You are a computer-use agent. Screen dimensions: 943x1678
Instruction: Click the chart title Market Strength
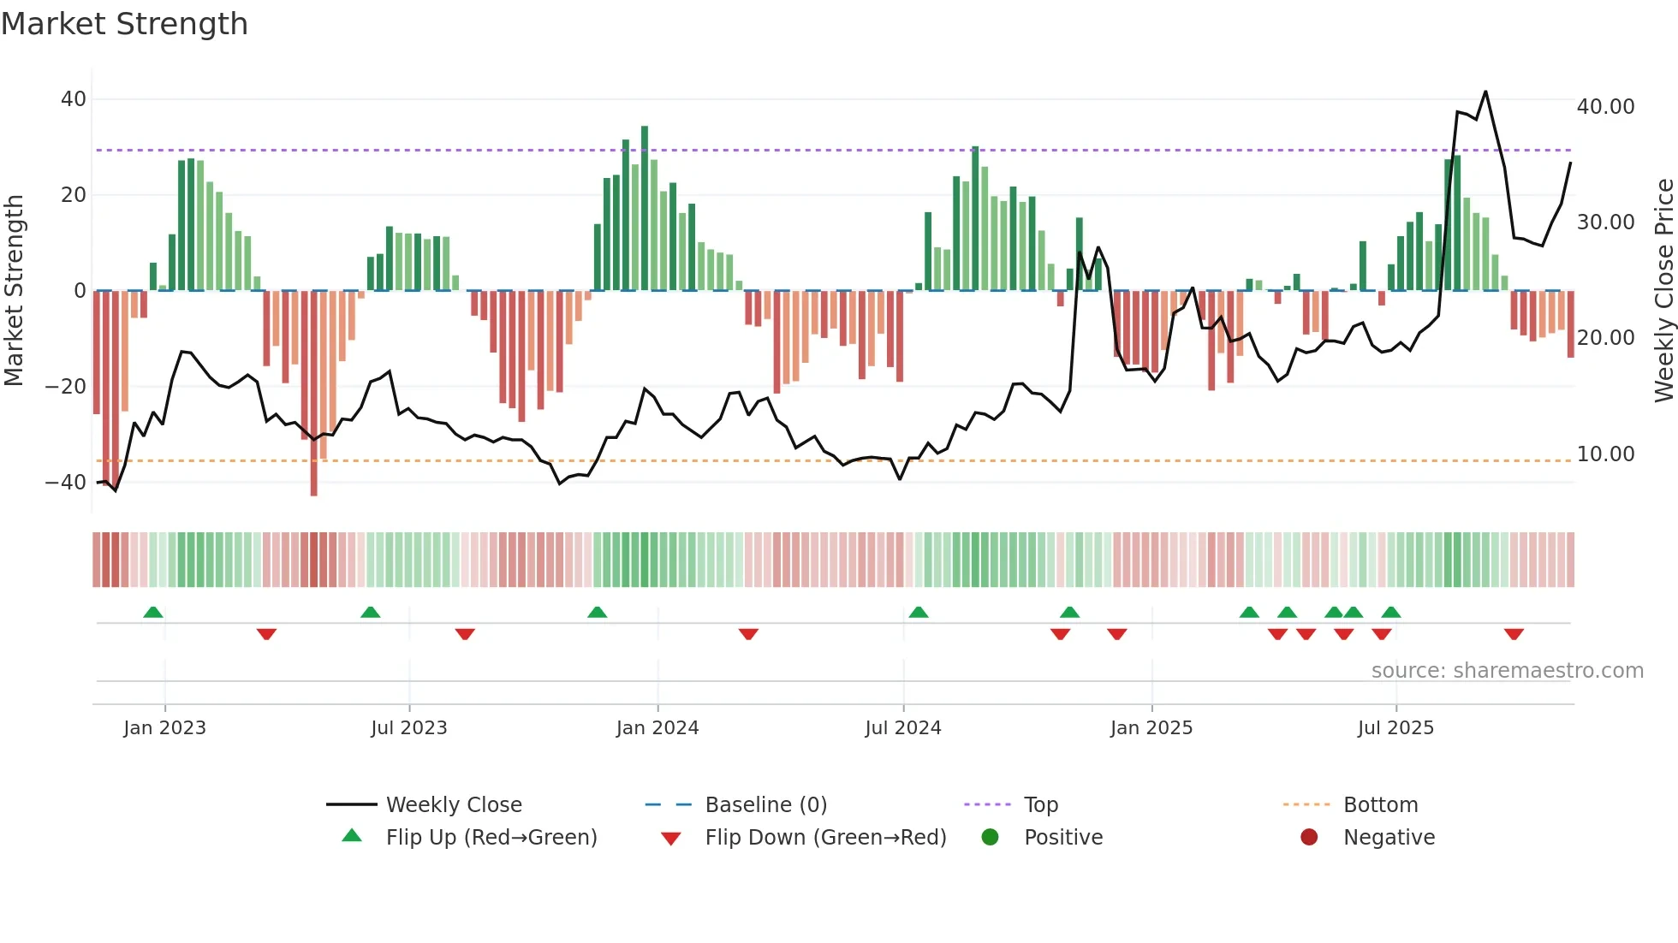tap(124, 24)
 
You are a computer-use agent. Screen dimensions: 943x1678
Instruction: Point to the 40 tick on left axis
tap(74, 99)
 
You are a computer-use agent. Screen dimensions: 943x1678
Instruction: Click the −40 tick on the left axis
tap(66, 483)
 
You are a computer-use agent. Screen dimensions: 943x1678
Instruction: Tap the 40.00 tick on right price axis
tap(1605, 107)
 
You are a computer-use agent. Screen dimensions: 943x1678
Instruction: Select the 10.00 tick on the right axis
tap(1605, 454)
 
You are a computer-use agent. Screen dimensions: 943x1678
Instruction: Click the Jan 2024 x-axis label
tap(658, 728)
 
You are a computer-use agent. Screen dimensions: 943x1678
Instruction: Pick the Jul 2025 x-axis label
tap(1395, 728)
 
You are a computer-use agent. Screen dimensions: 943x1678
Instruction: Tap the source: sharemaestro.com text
tap(1507, 671)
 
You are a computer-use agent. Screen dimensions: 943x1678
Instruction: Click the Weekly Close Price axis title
tap(1663, 291)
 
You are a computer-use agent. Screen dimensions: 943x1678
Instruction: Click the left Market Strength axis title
tap(14, 291)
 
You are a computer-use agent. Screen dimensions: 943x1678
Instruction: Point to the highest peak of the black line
tap(1485, 92)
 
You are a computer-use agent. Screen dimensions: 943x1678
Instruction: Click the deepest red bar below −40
tap(314, 479)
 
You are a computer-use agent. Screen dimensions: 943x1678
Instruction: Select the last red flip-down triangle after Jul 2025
tap(1514, 634)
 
